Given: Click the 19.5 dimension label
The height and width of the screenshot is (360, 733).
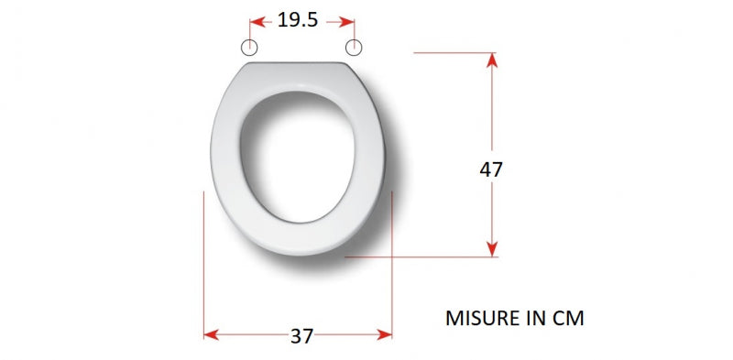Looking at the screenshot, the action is coord(298,20).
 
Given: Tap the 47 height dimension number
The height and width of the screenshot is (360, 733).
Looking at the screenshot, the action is coord(491,169).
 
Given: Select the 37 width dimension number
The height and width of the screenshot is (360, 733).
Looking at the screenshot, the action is coord(301,336).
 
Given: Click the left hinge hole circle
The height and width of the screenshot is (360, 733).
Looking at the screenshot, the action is coord(249,48).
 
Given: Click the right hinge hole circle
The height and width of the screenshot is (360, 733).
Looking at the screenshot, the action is coord(354,48).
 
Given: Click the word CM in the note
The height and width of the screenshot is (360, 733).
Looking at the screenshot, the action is coord(568,319).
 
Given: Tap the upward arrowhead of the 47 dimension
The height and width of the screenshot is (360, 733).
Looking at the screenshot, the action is coord(492,60).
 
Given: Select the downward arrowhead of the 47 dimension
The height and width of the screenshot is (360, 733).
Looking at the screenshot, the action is coord(492,249).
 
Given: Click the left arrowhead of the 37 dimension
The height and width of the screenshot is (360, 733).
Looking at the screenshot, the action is coord(212,334).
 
